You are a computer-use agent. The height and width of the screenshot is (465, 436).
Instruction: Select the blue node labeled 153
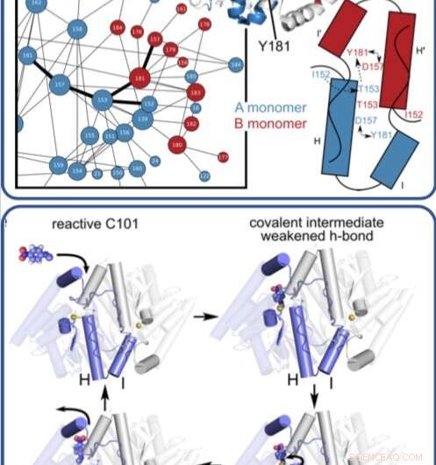coord(103,100)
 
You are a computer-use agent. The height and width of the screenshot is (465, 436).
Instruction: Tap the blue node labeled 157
coord(61,85)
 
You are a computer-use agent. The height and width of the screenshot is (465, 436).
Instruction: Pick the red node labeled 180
coord(178,144)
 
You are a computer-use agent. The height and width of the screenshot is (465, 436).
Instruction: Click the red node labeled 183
coord(195,91)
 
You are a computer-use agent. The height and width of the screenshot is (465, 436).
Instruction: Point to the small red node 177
coord(223,156)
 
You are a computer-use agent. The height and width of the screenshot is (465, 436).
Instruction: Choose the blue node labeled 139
coord(142,118)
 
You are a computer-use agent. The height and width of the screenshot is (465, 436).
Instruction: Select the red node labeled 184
coord(118,28)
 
